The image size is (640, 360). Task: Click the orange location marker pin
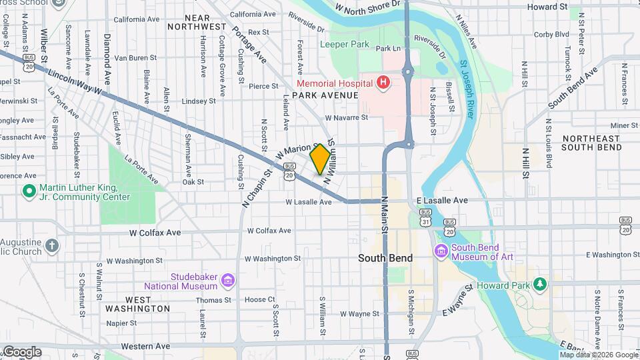(320, 159)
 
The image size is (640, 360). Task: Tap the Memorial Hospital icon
(383, 83)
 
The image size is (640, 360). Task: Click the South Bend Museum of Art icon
(440, 251)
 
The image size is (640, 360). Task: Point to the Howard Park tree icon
(540, 285)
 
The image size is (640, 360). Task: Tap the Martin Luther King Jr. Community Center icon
(29, 192)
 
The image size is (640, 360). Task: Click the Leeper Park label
(344, 45)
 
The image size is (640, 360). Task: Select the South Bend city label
(385, 258)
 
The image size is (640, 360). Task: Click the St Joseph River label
(467, 90)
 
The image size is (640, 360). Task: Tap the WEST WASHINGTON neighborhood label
(137, 304)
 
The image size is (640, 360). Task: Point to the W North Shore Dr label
(368, 7)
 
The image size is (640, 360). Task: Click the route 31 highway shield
(425, 221)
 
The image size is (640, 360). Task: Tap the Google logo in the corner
(21, 351)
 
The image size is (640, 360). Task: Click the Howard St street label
(547, 7)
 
